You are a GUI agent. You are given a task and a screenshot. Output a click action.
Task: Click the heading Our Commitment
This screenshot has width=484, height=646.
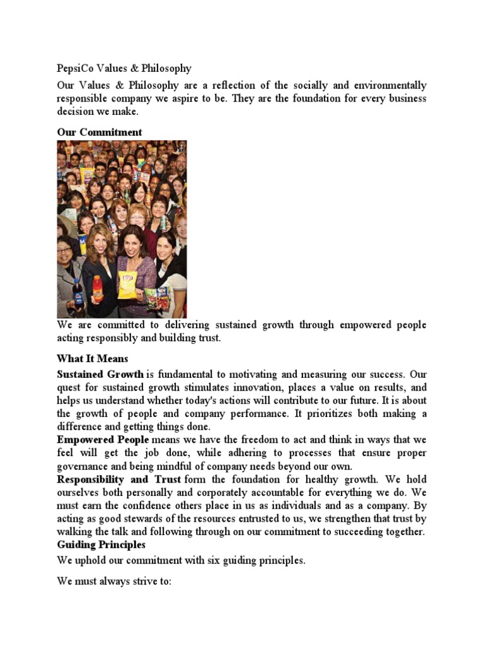(100, 132)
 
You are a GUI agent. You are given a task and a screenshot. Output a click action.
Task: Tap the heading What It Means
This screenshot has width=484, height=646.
(93, 358)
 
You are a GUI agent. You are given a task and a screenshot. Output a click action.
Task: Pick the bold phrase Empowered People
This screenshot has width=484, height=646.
(103, 439)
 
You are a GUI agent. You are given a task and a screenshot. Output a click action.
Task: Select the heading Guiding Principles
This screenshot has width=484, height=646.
(101, 544)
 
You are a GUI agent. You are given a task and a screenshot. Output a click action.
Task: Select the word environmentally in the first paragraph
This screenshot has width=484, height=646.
(388, 85)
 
